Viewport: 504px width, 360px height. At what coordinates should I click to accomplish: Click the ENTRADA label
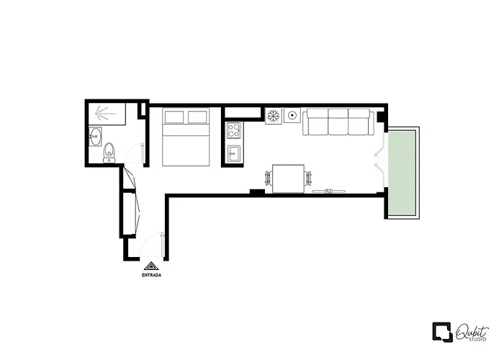151,275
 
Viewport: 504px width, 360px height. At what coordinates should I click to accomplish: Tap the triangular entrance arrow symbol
151,266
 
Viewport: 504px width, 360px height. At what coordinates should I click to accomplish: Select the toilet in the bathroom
109,153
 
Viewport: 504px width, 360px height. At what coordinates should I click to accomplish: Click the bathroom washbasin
95,136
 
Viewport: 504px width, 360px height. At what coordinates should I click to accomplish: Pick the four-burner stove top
234,130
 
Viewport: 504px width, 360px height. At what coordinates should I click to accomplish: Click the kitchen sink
234,154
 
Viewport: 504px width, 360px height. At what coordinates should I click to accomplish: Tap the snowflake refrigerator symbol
274,116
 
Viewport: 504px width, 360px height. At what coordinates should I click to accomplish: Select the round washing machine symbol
292,115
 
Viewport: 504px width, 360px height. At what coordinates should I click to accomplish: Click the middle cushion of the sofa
338,122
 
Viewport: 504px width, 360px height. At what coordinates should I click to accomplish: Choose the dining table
288,179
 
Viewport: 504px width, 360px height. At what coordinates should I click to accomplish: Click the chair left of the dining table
269,179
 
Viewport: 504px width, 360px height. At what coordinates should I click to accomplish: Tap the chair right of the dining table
308,179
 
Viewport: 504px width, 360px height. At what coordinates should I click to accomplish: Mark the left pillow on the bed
174,117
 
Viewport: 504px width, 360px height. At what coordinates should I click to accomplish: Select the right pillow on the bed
197,117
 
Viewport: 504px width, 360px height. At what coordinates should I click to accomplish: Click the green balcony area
402,173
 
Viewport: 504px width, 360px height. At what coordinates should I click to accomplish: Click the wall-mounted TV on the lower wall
328,192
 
